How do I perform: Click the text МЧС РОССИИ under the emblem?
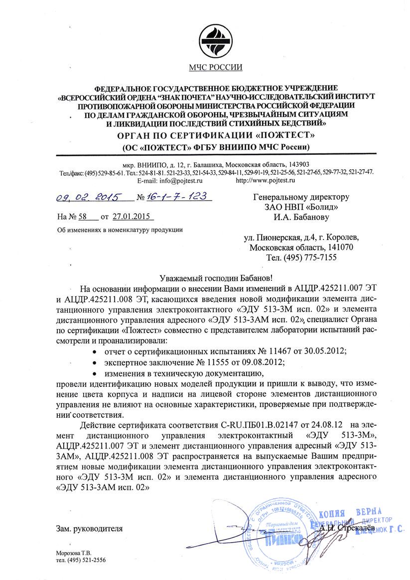215,68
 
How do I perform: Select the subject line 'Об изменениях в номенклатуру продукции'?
120,230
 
